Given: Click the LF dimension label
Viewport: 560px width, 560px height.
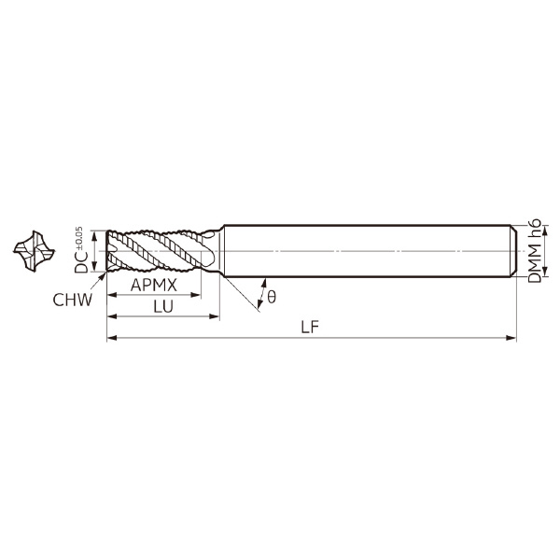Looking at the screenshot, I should click(x=312, y=327).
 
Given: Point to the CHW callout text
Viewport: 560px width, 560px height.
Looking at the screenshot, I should click(x=71, y=300).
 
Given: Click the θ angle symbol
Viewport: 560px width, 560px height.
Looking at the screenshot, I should click(x=272, y=296).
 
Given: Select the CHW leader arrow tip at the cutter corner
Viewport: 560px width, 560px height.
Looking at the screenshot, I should click(x=106, y=273).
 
